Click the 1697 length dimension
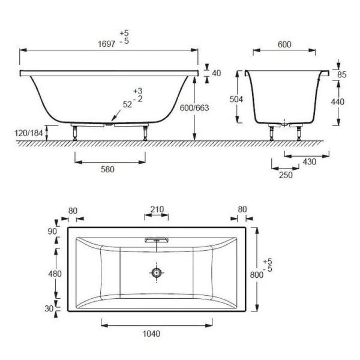[107, 44]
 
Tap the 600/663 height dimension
[194, 108]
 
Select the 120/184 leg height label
[29, 133]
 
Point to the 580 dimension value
[107, 169]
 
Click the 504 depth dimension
[236, 99]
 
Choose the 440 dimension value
[337, 102]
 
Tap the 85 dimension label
[342, 74]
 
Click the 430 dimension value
[309, 162]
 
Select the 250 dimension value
[286, 175]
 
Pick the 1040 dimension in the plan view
[152, 334]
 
